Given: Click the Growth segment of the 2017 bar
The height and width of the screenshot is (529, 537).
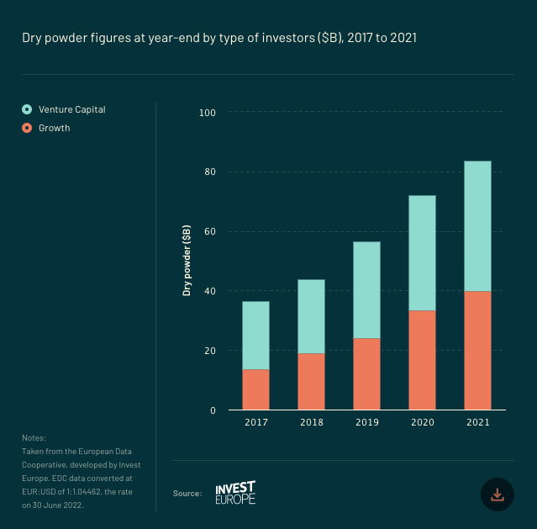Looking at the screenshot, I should [255, 389].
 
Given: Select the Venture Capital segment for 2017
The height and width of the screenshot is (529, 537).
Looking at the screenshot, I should [255, 335].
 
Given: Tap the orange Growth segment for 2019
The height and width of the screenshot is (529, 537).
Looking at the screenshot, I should [366, 373].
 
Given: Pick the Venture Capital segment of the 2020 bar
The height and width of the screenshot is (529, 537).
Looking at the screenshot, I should [422, 252].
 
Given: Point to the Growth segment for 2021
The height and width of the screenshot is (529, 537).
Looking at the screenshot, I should [477, 350].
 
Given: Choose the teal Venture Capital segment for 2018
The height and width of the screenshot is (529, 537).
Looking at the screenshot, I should [311, 316].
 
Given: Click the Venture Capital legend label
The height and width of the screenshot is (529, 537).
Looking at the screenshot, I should [72, 109].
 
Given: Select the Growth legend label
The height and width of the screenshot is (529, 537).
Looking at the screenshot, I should [55, 129].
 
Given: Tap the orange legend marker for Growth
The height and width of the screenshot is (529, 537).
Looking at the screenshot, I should [27, 129].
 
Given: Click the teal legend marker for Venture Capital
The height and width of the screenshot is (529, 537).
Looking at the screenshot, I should [27, 109].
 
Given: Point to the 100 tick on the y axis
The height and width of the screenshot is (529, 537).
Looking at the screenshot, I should [208, 113].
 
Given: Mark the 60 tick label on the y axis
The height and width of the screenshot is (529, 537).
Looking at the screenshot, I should [210, 232].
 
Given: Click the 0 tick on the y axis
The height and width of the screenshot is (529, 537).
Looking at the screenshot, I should [213, 410].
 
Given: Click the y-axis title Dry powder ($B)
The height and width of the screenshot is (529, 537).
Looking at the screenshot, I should [187, 261].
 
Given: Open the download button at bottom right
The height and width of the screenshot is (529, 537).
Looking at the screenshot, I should [497, 495].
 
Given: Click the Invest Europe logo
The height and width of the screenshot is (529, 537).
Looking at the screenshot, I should [235, 493].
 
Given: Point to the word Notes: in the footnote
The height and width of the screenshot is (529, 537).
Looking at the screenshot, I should [34, 438].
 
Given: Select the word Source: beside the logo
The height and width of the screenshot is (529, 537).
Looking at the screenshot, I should [187, 494].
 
